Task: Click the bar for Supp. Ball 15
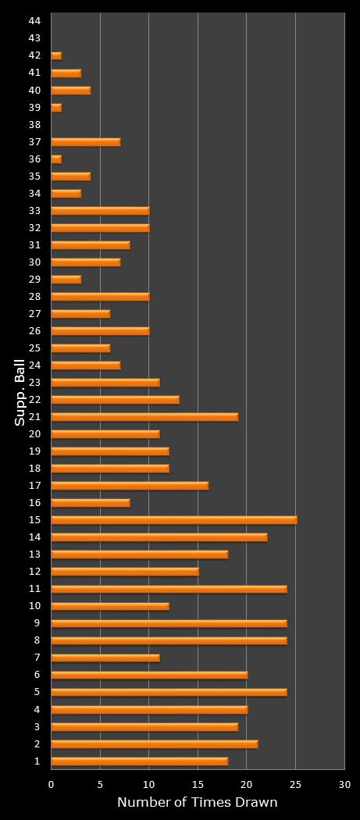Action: tap(173, 520)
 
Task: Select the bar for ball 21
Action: tap(144, 417)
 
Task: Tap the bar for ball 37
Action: tap(85, 142)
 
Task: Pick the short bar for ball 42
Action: tap(56, 56)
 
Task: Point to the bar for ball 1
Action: tap(139, 761)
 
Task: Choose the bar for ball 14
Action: tap(159, 537)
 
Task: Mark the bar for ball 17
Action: tap(130, 486)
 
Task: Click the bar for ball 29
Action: tap(66, 280)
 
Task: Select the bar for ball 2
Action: tap(154, 743)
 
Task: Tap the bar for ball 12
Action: tap(125, 572)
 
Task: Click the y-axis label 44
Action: tap(34, 21)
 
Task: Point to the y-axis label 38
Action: tap(34, 125)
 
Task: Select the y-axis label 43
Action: tap(34, 38)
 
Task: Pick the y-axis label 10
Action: tap(34, 606)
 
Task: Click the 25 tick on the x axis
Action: tap(295, 784)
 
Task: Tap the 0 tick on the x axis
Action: tap(52, 784)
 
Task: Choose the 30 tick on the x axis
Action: tap(344, 784)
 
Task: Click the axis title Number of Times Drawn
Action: tap(197, 803)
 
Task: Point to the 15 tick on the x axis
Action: tap(198, 784)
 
